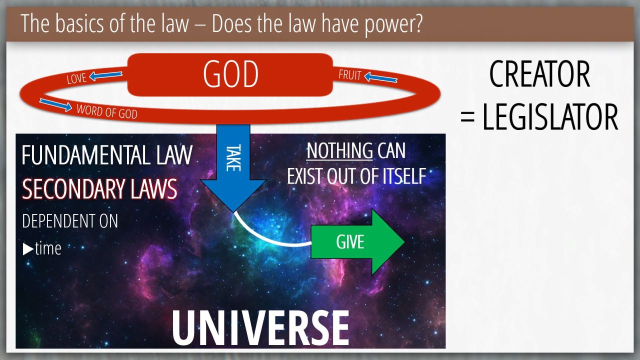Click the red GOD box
[230, 74]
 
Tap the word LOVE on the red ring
[76, 78]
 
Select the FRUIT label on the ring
[350, 75]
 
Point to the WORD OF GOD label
[107, 111]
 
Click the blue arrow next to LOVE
[105, 75]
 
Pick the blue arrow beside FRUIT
[381, 77]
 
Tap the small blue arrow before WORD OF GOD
[55, 105]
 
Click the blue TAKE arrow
[233, 168]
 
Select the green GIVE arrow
[357, 242]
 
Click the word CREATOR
[539, 74]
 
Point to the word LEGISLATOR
[550, 117]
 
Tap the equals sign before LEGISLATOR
[467, 118]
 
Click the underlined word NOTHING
[339, 150]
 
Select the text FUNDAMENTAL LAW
[107, 155]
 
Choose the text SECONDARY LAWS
[99, 189]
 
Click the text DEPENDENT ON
[70, 221]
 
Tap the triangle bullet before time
[28, 249]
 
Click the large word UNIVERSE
[260, 328]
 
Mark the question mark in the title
[417, 23]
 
